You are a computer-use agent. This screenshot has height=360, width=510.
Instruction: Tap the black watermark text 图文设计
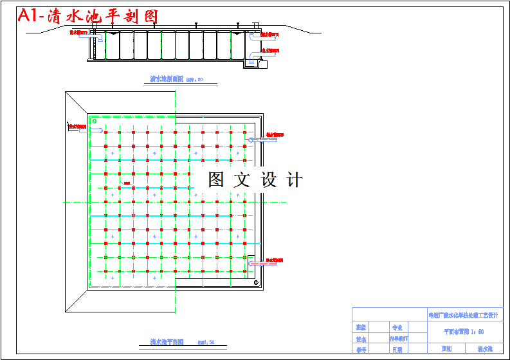coord(255,180)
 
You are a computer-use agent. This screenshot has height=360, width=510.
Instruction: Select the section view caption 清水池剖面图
coord(167,80)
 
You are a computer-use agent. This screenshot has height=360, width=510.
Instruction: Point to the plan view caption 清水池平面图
coord(167,342)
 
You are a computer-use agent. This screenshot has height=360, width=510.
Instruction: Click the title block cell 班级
coord(361,327)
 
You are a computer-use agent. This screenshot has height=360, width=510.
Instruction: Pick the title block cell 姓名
coord(361,338)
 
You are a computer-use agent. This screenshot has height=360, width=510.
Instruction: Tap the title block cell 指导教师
coord(398,338)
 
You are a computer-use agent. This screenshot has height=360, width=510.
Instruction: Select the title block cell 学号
coord(361,350)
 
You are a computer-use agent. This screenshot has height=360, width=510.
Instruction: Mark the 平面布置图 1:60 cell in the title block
coord(464,332)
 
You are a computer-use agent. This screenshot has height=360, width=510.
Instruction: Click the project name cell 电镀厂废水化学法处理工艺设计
coord(463,316)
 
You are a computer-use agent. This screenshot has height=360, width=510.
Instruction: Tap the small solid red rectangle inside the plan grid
coord(127,184)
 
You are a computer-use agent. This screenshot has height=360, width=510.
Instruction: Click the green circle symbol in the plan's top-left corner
coord(95,120)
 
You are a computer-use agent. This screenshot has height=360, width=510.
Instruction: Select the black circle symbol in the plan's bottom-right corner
coord(256,282)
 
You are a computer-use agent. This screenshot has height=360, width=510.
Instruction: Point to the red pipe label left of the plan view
coord(77,127)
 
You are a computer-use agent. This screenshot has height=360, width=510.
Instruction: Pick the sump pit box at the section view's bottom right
coord(262,63)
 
